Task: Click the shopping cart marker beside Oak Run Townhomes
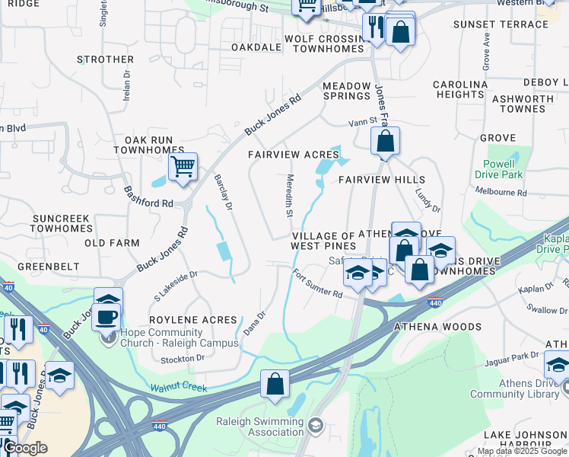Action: pos(183,166)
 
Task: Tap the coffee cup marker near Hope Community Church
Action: pos(106,316)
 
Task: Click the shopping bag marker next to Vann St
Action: pos(386,141)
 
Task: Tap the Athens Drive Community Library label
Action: pos(518,388)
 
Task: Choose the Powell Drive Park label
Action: pos(499,168)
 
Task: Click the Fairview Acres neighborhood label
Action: pos(294,155)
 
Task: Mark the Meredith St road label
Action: pos(289,197)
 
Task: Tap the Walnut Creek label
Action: pos(178,388)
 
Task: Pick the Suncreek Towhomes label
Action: pos(62,223)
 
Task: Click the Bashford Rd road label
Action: pos(148,198)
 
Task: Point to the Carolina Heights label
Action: pos(460,89)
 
